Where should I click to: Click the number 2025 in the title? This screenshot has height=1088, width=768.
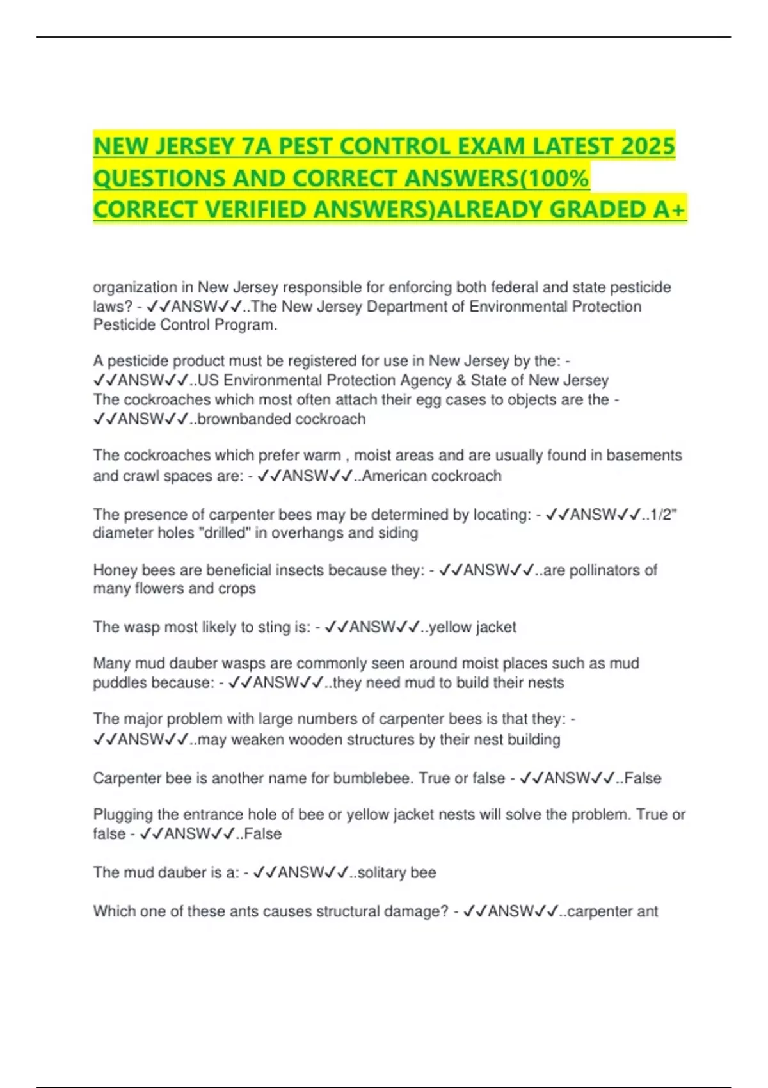tap(648, 147)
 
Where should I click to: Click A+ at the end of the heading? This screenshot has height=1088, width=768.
tap(669, 209)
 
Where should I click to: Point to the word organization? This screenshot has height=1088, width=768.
tap(135, 287)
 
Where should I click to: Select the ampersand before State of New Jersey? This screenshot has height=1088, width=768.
tap(461, 380)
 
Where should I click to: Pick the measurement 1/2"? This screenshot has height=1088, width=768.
tap(664, 515)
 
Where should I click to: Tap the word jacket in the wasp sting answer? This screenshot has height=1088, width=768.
tap(496, 627)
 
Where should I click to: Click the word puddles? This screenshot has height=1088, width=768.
tap(120, 683)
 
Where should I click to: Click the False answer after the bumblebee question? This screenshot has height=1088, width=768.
tap(643, 778)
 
